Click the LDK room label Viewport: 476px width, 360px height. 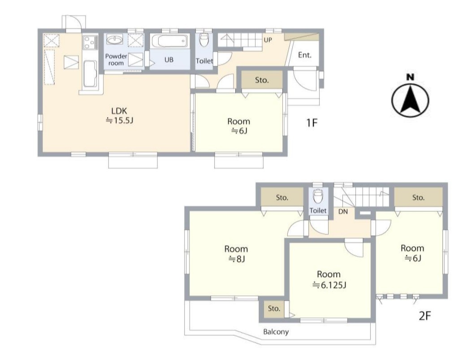[119, 111]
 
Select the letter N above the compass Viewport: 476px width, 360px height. [411, 77]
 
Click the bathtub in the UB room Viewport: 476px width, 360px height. [169, 41]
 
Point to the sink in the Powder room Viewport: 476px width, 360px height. [115, 40]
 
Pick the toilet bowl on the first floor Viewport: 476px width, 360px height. [204, 39]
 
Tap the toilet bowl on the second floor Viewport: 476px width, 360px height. [318, 196]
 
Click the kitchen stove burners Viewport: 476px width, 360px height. [90, 42]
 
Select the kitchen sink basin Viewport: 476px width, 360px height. [90, 73]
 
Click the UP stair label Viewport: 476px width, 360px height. [268, 40]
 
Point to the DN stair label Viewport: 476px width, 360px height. [343, 211]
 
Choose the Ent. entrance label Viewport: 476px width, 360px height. [304, 55]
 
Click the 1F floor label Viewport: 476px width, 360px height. [312, 123]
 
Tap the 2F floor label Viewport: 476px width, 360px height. [425, 316]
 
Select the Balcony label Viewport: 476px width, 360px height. [276, 331]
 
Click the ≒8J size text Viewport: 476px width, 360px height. [237, 259]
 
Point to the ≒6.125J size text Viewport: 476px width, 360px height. [329, 285]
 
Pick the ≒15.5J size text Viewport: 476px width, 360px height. [119, 120]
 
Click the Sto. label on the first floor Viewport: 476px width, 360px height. [262, 80]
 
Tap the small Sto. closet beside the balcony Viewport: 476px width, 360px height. [274, 309]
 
